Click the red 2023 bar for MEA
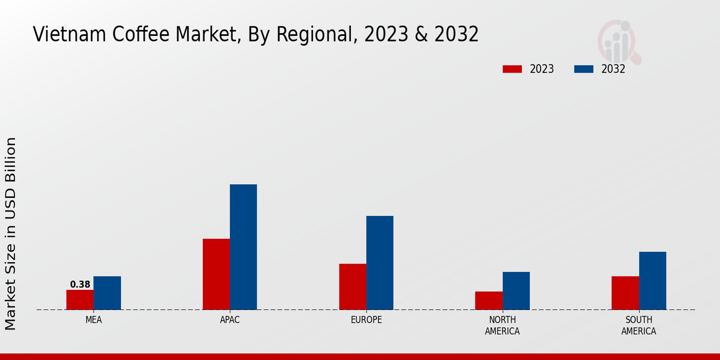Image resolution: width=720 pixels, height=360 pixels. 80,300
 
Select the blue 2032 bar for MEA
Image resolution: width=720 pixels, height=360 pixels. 107,293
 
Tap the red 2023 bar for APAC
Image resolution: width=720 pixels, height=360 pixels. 216,274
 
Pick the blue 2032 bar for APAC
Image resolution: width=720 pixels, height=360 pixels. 243,247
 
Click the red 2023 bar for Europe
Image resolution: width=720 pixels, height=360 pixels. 352,287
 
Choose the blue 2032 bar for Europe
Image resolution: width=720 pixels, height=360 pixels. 380,263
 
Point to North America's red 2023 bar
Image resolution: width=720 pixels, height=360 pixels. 488,301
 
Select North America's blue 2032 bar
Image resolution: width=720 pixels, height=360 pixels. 516,291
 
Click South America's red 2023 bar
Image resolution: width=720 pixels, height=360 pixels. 625,293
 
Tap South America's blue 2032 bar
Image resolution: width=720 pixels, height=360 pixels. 652,281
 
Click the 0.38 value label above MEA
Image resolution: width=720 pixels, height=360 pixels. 80,284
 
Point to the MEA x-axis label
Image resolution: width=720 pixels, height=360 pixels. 94,320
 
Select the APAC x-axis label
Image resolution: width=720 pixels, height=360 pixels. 230,320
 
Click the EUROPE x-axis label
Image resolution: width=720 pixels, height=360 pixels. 366,320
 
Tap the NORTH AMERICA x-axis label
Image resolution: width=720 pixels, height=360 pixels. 502,325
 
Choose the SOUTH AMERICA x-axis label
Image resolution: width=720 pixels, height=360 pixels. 638,325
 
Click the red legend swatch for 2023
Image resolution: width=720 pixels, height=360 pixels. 512,69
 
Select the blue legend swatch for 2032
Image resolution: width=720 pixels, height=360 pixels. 583,69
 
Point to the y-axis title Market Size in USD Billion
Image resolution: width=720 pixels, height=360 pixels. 11,234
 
